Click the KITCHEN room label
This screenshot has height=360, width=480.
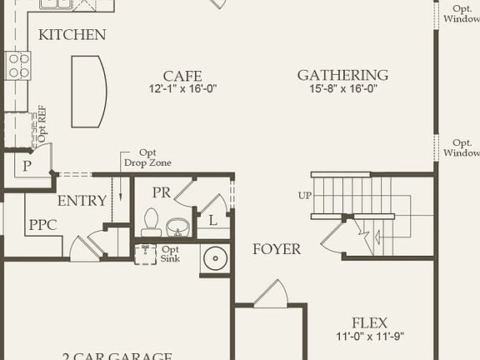coord(72,35)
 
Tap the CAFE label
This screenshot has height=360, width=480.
coord(182,76)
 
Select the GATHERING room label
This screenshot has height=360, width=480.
coord(342,76)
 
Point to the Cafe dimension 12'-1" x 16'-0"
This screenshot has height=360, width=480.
coord(182,88)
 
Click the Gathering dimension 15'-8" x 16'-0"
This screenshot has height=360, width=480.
coord(342,88)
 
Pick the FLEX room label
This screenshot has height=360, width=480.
coord(369,323)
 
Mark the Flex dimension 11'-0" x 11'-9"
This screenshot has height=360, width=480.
coord(369,337)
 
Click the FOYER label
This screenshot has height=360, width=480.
coord(277,249)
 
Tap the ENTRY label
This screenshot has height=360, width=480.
coord(82,201)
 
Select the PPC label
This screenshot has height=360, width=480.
coord(42,225)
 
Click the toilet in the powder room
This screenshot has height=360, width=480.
coord(151,221)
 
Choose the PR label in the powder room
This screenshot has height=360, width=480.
coord(162,192)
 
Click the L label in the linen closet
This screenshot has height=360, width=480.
coord(213,221)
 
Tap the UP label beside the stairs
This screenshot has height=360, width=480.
coord(305,196)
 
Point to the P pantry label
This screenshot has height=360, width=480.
coord(27,166)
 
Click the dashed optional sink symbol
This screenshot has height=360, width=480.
coord(146,253)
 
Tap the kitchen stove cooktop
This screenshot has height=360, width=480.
coord(17,65)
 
